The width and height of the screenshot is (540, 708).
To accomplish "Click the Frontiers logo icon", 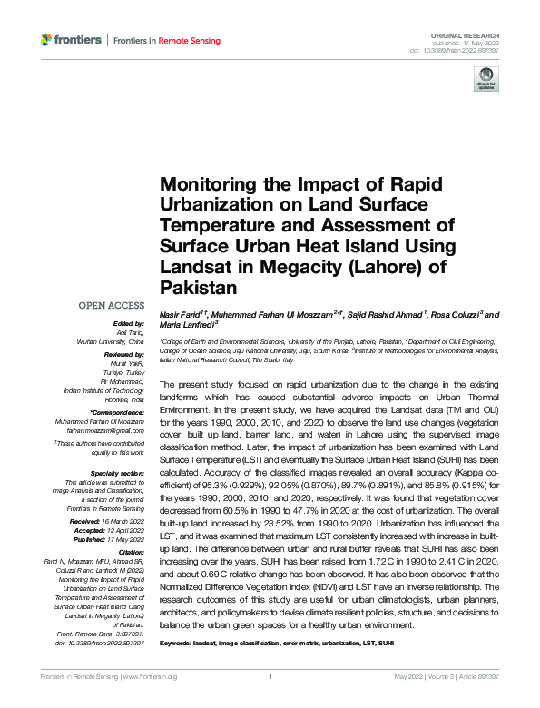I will click(x=47, y=39).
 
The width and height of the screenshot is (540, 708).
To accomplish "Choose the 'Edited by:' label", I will click(x=128, y=323).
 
